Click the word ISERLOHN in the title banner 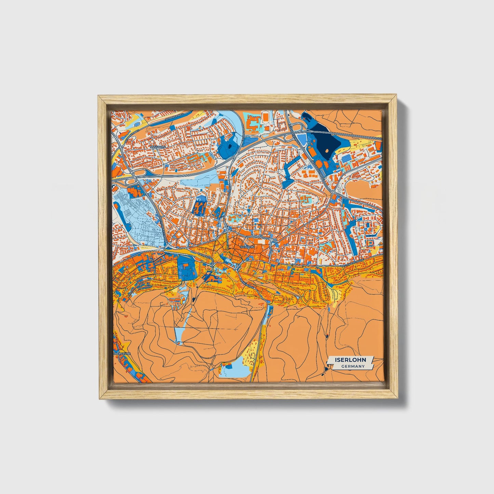(350, 360)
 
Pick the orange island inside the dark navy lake (329, 150)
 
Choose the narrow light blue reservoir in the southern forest (180, 334)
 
